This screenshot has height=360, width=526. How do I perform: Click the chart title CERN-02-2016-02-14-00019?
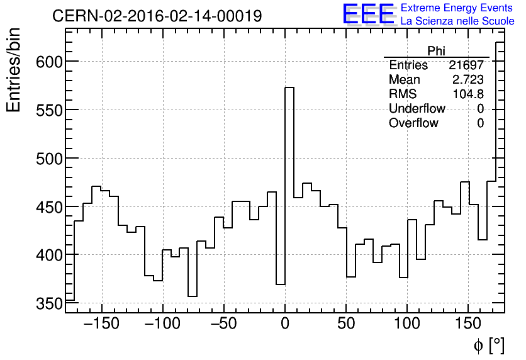click(x=157, y=16)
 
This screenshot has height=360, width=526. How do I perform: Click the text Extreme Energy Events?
click(x=457, y=8)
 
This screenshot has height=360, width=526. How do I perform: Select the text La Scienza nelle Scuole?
click(x=457, y=21)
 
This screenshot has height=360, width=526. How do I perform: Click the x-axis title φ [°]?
click(x=488, y=345)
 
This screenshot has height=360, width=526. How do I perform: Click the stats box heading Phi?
click(x=436, y=51)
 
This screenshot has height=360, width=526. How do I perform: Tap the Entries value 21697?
click(x=466, y=65)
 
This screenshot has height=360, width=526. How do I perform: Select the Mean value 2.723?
click(x=468, y=80)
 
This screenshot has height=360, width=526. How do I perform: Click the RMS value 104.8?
click(x=468, y=94)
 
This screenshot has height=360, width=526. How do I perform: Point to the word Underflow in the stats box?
click(x=417, y=109)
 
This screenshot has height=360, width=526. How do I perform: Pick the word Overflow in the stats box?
click(x=413, y=123)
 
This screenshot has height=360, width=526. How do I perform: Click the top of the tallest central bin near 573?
click(x=289, y=87)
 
